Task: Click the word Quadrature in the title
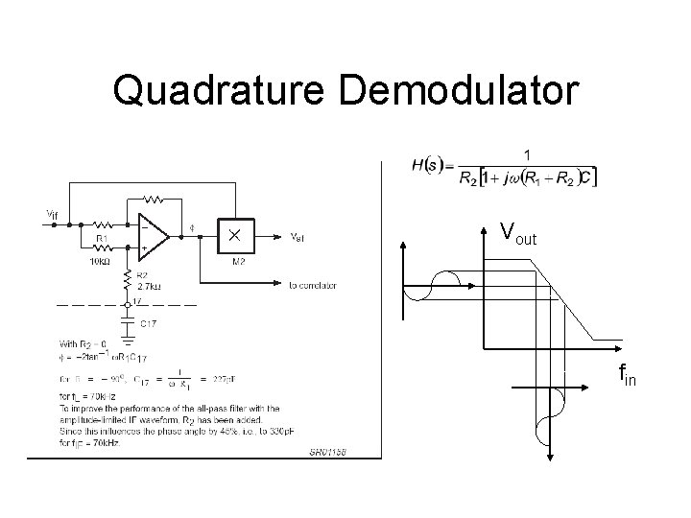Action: click(x=223, y=91)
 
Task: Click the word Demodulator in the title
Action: click(x=460, y=91)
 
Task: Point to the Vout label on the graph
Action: click(x=517, y=233)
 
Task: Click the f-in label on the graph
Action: click(x=627, y=372)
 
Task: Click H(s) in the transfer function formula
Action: click(x=427, y=165)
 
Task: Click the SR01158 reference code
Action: click(x=327, y=452)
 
